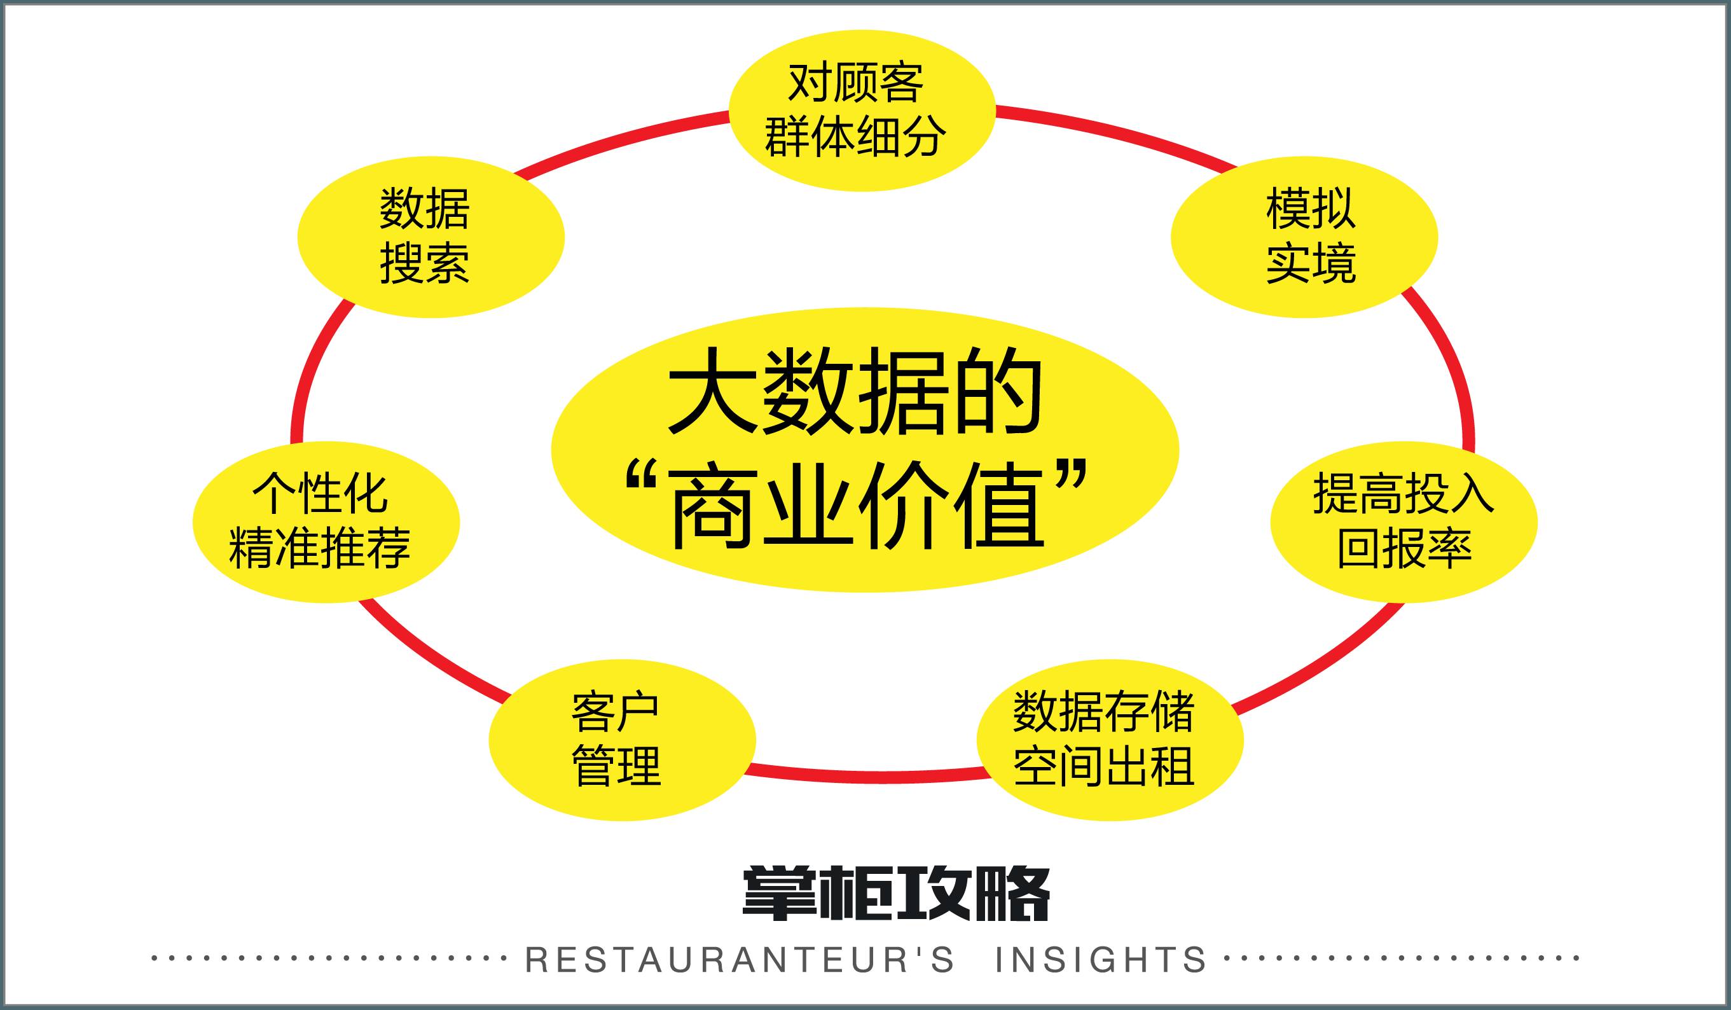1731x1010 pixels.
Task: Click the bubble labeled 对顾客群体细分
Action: [x=862, y=110]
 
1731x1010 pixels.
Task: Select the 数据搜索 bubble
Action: [x=431, y=237]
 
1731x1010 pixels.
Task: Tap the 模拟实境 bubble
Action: [x=1303, y=237]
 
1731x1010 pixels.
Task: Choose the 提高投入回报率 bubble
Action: [x=1403, y=522]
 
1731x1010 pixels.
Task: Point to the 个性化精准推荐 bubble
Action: [x=326, y=522]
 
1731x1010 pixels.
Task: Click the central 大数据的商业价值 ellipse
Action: [x=864, y=450]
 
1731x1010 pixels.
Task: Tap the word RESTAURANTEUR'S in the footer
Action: [x=740, y=960]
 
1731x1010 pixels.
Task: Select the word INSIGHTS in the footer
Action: [x=1100, y=960]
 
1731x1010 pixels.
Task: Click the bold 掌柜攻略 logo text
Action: [x=897, y=893]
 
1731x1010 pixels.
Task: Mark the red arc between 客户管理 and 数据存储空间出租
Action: [x=865, y=775]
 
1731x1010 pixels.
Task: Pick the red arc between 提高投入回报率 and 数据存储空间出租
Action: [x=1326, y=663]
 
